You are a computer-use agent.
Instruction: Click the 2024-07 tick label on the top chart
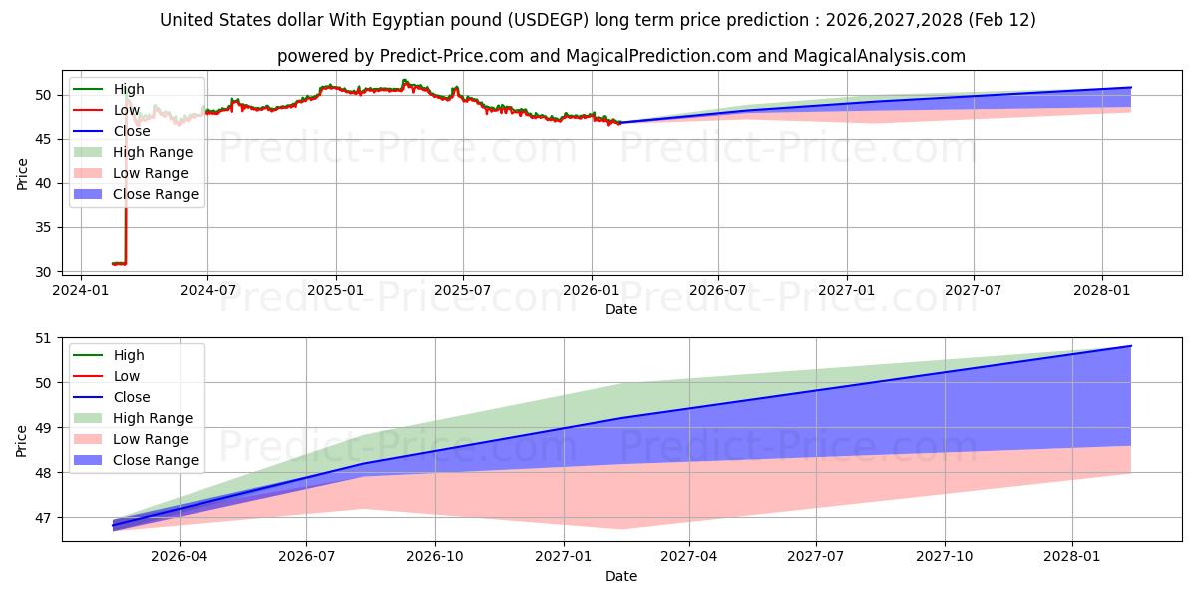[x=207, y=291]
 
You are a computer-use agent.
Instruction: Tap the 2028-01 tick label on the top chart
[x=1102, y=291]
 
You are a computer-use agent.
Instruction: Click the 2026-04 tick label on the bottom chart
[x=179, y=557]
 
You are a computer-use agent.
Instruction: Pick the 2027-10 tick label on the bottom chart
[x=945, y=557]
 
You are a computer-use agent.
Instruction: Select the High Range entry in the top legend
[x=152, y=152]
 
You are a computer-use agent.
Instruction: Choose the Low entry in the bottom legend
[x=126, y=376]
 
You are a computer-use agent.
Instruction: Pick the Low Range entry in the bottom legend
[x=150, y=439]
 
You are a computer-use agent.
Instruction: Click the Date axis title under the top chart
[x=620, y=309]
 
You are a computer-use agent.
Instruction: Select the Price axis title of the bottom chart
[x=22, y=439]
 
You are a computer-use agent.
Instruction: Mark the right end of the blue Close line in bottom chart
[x=1131, y=346]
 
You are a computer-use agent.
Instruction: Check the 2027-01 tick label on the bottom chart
[x=564, y=557]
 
